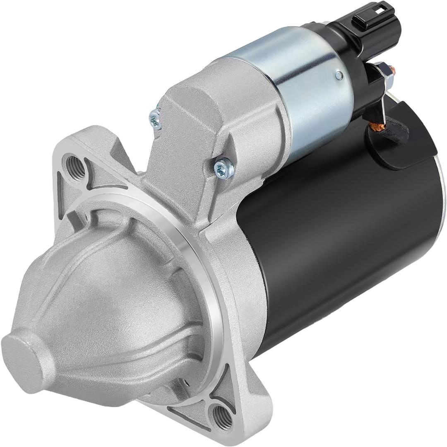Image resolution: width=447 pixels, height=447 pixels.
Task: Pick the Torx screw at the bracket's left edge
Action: [x=156, y=118]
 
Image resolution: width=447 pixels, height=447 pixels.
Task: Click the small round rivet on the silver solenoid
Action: [x=339, y=75]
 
